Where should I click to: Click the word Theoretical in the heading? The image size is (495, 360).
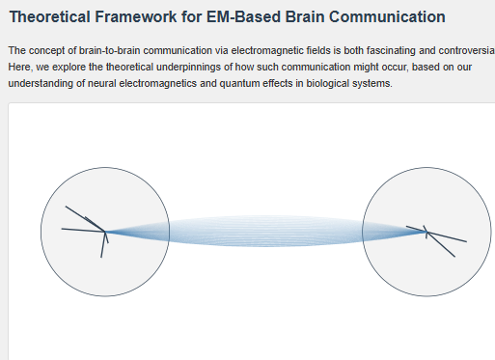tap(51, 16)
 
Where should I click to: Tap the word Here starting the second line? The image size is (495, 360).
tap(20, 68)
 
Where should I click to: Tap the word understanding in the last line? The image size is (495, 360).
tap(39, 85)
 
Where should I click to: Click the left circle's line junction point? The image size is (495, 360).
tap(106, 231)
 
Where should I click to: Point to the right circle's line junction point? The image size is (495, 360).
tap(426, 232)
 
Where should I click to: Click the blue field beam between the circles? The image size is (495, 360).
tap(265, 232)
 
